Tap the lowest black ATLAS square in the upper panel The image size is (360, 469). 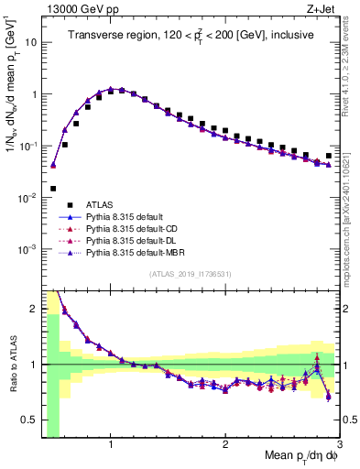53,188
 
